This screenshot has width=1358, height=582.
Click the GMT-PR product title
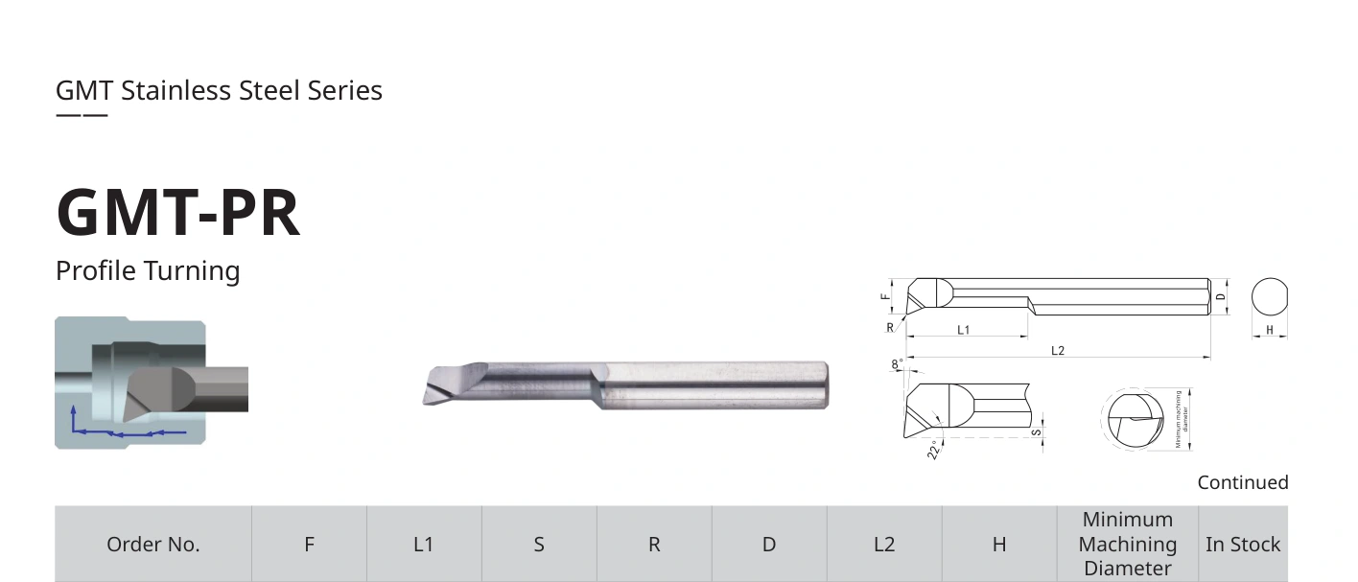pos(177,212)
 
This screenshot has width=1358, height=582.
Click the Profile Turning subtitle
pos(148,270)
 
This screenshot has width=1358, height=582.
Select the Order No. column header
pos(152,545)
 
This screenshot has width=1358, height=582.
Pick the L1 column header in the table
pos(424,545)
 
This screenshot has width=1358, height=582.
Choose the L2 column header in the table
pos(884,545)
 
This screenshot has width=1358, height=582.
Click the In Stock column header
pos(1243,545)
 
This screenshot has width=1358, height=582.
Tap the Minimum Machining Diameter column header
pos(1128,544)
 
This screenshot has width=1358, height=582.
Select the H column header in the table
pos(999,545)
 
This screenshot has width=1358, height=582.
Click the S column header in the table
pos(539,545)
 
